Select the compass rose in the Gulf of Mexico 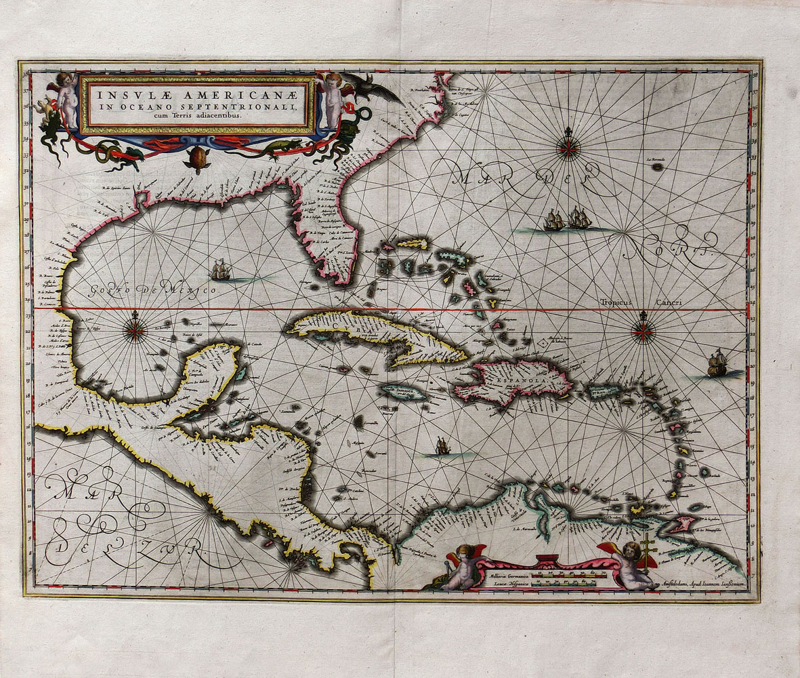(x=135, y=331)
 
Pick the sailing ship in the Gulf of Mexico (x=220, y=271)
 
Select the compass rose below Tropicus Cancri (x=642, y=332)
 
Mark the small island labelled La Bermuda (x=656, y=165)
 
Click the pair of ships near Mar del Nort (x=566, y=219)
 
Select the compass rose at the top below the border (x=568, y=148)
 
